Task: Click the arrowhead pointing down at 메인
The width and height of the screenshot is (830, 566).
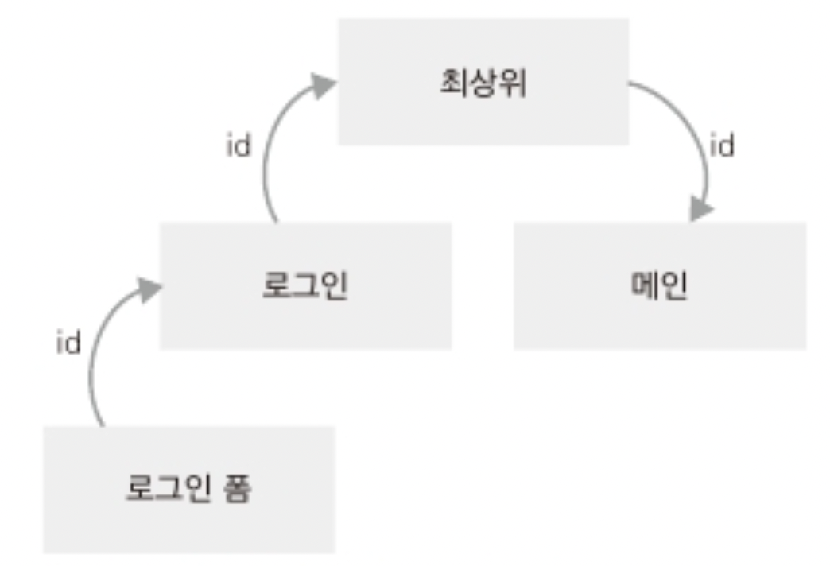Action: pos(700,209)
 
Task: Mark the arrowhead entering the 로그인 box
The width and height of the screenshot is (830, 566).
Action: pos(147,289)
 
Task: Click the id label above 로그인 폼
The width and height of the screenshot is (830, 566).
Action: pos(68,344)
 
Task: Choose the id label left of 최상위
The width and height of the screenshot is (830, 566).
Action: pos(238,147)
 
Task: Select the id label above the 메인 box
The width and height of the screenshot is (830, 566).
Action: pos(721,146)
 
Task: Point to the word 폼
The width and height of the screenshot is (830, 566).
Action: pos(237,489)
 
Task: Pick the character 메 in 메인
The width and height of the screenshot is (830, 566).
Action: pos(642,286)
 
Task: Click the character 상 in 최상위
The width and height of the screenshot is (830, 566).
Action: pos(483,82)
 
